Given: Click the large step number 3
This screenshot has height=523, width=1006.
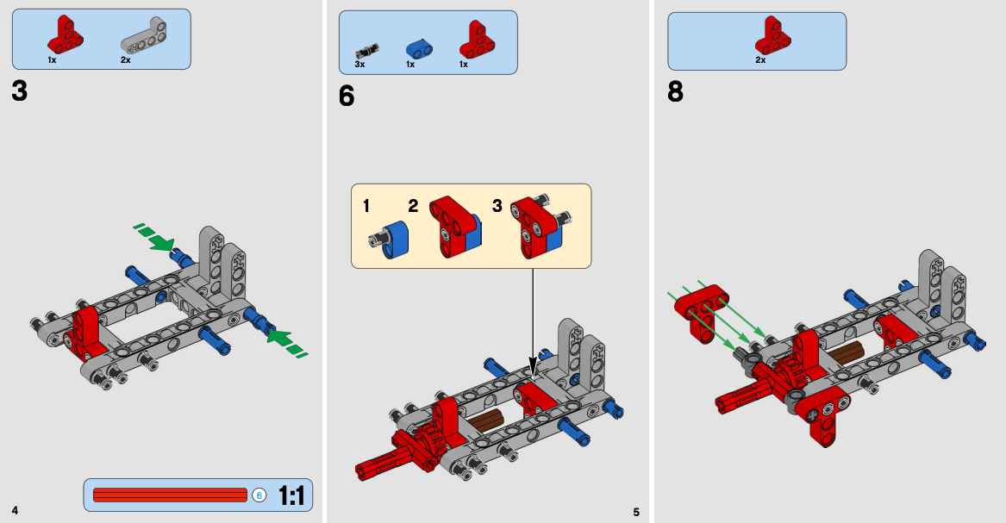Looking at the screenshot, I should click(x=20, y=90).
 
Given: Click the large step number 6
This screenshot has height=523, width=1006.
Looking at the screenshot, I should click(x=347, y=97).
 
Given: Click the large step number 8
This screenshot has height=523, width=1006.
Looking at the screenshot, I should click(x=675, y=91).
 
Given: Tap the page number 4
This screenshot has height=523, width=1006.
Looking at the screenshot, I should click(x=15, y=510).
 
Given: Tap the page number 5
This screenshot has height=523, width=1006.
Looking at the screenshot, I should click(x=636, y=512).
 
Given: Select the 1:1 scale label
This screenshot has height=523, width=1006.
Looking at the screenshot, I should click(x=291, y=495).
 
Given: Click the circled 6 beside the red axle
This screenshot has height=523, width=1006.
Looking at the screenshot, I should click(x=259, y=495).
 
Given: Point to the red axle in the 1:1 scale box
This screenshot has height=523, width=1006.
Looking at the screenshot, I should click(x=169, y=495).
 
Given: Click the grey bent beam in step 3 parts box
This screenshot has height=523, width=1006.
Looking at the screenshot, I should click(x=143, y=35).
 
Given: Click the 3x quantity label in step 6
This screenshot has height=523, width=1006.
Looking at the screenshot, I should click(x=359, y=65).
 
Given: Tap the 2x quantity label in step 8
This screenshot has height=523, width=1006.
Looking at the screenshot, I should click(x=760, y=60).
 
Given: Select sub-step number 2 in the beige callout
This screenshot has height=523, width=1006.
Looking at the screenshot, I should click(x=413, y=206).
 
